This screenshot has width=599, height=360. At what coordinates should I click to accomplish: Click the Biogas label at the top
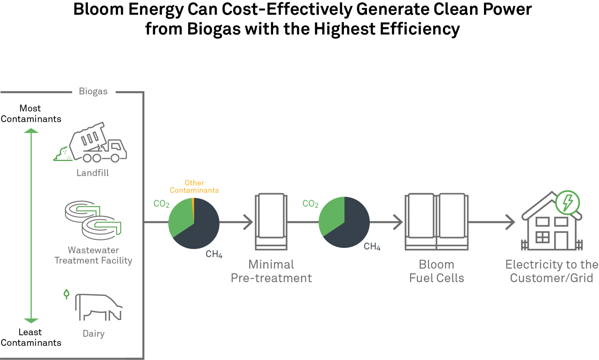93,91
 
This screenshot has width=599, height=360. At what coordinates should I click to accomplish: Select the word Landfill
93,173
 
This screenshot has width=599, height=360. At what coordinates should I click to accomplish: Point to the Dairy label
93,334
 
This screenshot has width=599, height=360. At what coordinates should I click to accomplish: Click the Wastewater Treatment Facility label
93,255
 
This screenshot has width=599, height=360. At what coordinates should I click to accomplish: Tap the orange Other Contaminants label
194,187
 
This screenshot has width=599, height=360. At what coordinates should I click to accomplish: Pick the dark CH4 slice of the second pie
353,228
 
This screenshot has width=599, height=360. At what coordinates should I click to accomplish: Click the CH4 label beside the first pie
214,254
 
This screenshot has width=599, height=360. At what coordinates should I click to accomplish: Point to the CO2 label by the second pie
310,204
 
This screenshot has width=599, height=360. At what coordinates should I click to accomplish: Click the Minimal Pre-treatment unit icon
271,222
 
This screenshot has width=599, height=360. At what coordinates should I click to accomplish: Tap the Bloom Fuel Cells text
436,271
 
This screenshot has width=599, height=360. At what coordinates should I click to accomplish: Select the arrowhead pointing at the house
511,222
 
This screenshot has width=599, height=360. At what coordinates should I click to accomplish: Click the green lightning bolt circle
567,202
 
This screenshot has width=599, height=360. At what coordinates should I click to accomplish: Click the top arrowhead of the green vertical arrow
31,131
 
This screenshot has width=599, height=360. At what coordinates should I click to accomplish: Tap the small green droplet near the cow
66,294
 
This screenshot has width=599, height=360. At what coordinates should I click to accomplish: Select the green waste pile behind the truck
63,154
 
